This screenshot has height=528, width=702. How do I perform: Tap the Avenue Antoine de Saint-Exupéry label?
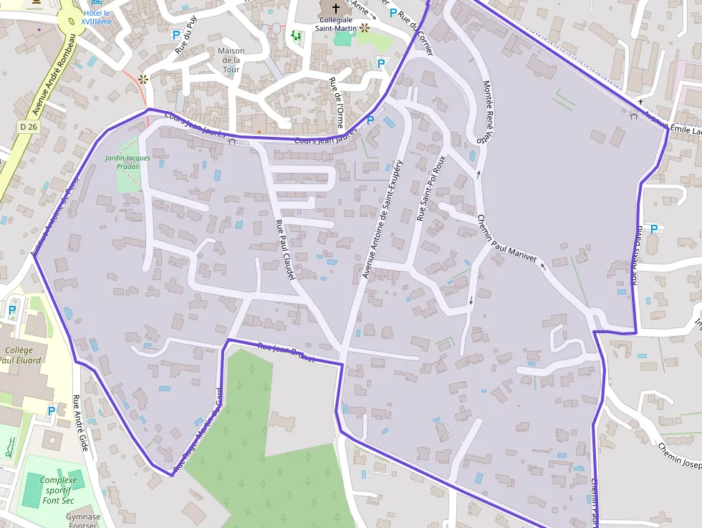(x=383, y=219)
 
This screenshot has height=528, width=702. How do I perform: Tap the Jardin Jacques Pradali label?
(x=128, y=161)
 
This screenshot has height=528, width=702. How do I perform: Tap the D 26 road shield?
(x=28, y=127)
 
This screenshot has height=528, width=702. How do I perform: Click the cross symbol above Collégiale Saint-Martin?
(x=335, y=8)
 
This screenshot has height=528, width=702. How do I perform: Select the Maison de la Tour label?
(x=231, y=60)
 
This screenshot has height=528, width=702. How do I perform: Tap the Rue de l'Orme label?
(x=336, y=102)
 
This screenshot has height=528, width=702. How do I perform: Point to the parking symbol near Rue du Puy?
(x=175, y=34)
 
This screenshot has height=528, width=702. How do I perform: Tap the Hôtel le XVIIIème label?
(x=97, y=17)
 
